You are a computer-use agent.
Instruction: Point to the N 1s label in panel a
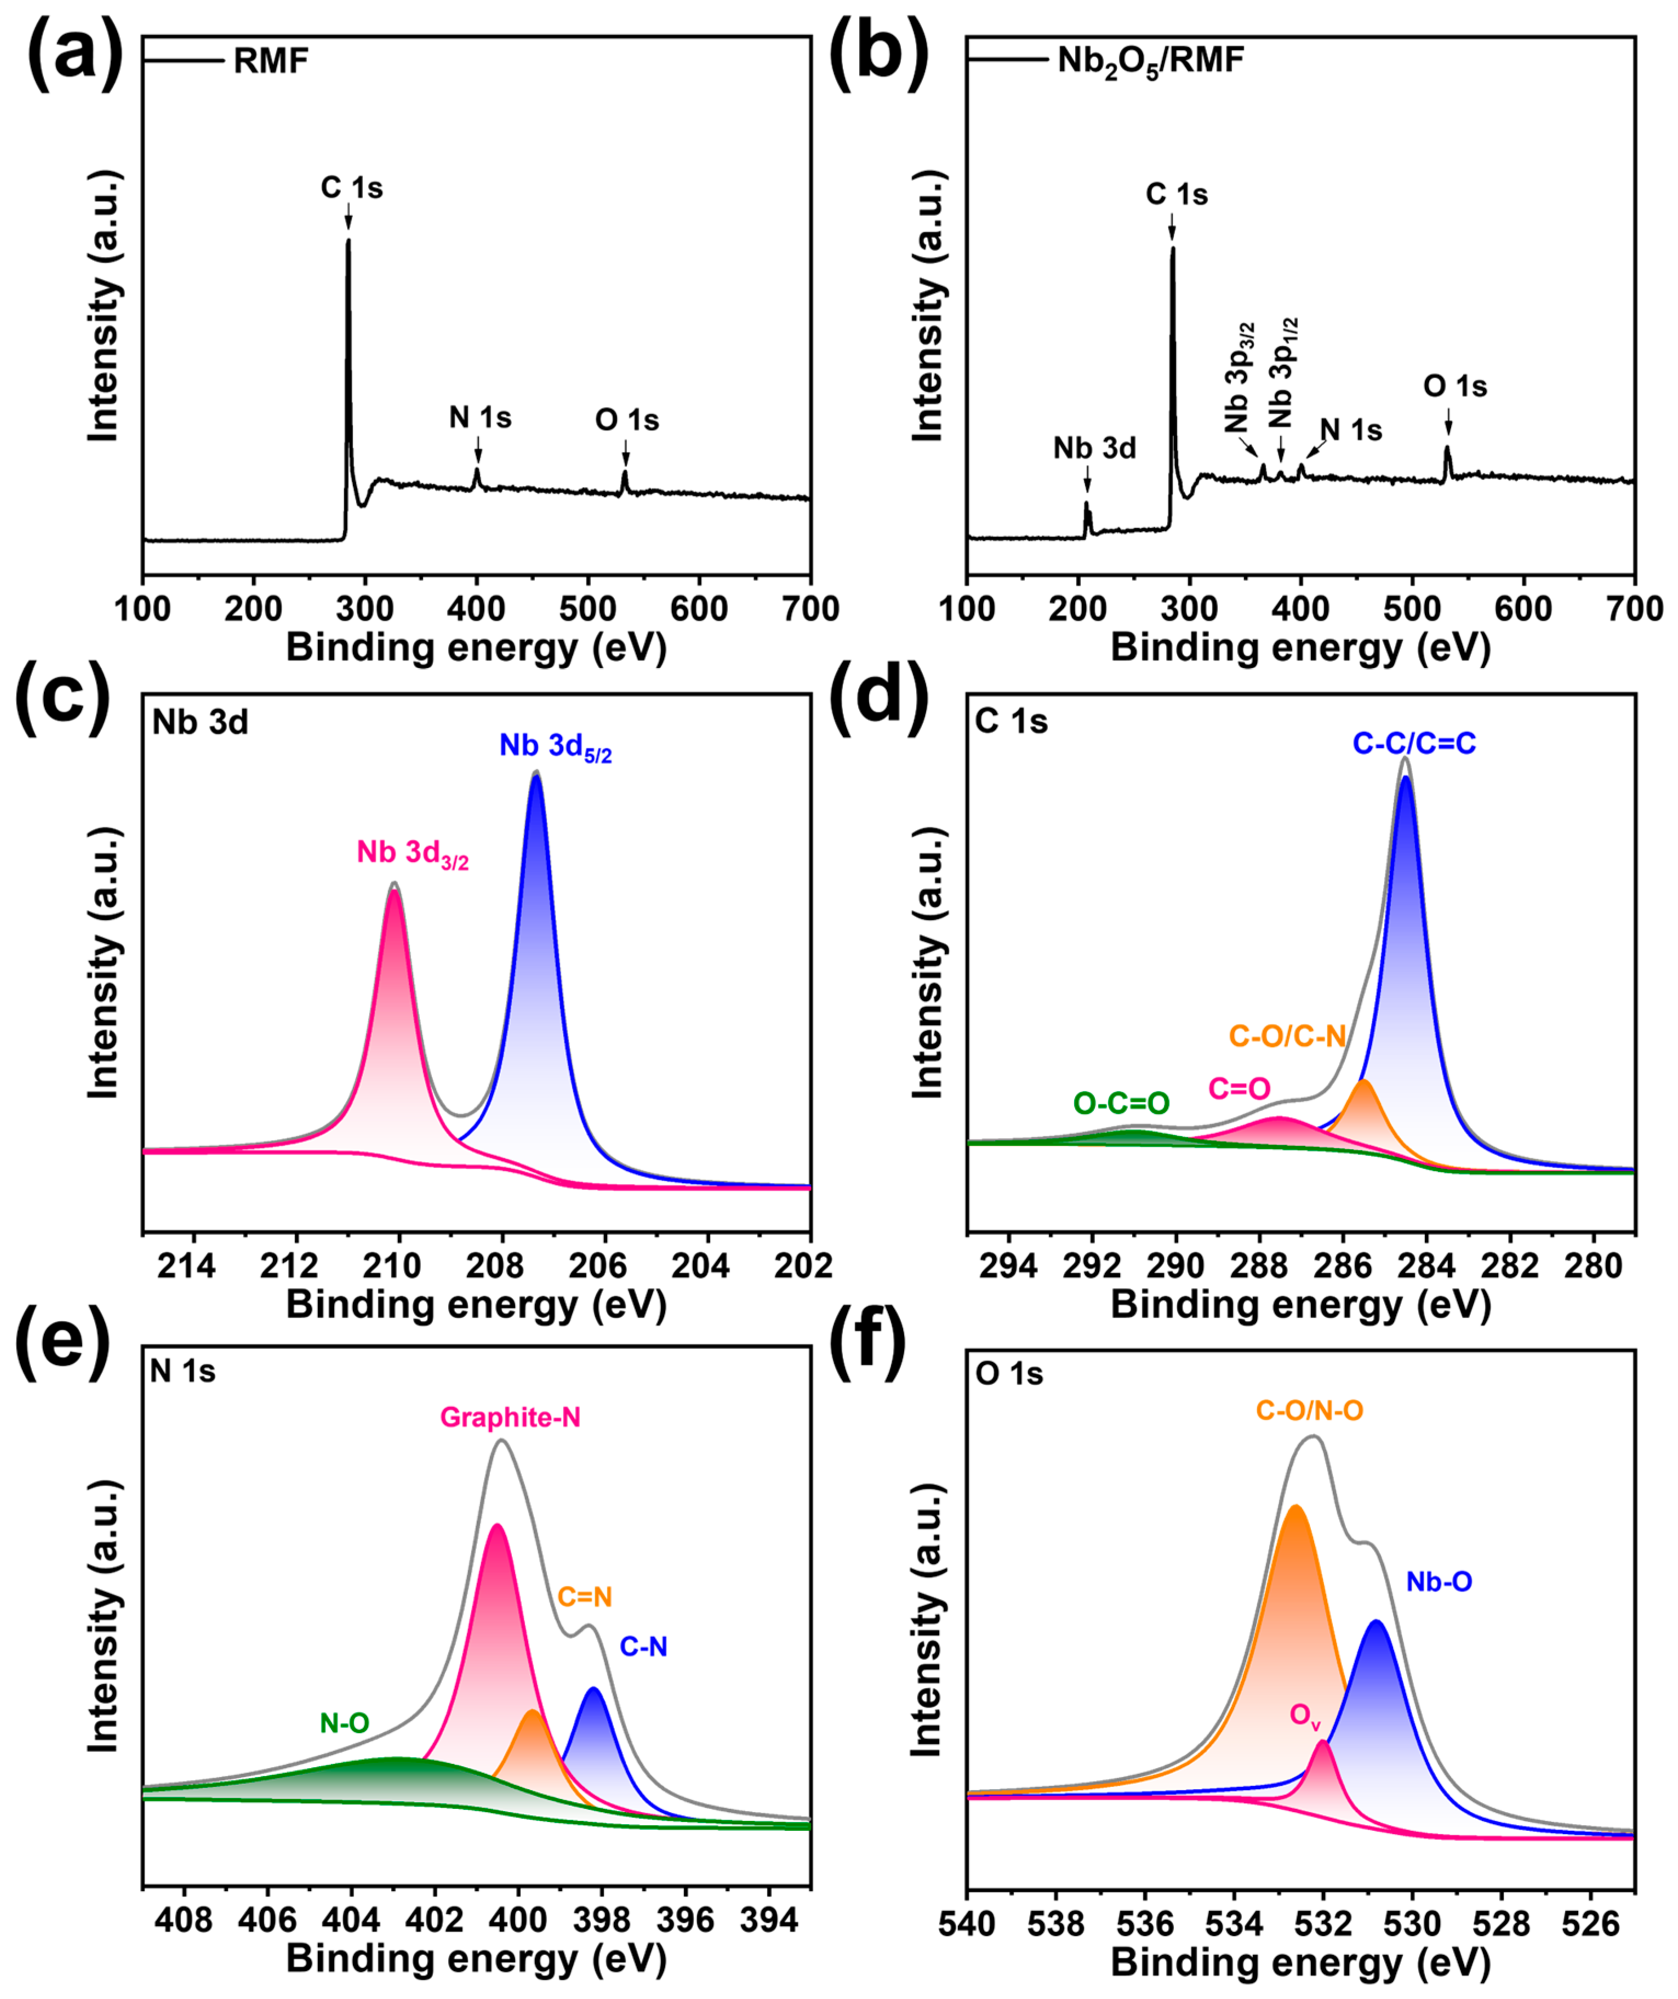(x=480, y=418)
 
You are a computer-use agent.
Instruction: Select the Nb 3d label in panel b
(x=1094, y=448)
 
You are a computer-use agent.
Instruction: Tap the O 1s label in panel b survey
(x=1454, y=386)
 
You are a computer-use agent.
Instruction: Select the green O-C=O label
(x=1121, y=1103)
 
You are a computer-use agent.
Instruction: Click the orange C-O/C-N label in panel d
(x=1287, y=1036)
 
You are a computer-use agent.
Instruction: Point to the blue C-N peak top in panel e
(x=595, y=1689)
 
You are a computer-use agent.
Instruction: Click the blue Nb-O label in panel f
(x=1439, y=1582)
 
